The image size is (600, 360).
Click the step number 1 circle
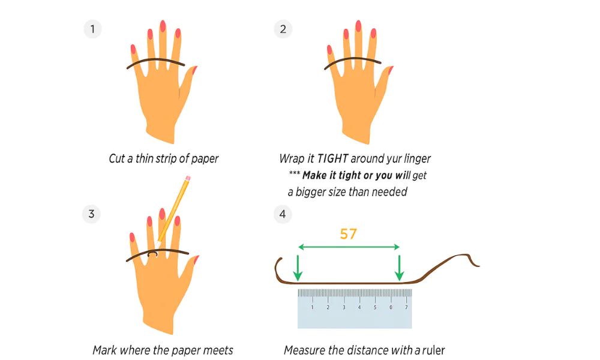[92, 29]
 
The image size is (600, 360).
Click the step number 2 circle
[283, 29]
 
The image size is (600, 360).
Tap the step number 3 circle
[91, 214]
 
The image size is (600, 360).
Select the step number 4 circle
[283, 214]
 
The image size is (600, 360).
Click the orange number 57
[349, 234]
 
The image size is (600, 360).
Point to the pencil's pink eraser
[188, 178]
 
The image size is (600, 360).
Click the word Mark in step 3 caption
[105, 350]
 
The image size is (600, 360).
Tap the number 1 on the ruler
[312, 307]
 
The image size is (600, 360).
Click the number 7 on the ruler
[406, 307]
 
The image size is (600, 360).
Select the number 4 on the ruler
[359, 307]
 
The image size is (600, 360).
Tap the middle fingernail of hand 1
[163, 26]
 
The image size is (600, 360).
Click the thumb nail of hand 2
[390, 70]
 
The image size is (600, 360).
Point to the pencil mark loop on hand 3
[154, 254]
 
